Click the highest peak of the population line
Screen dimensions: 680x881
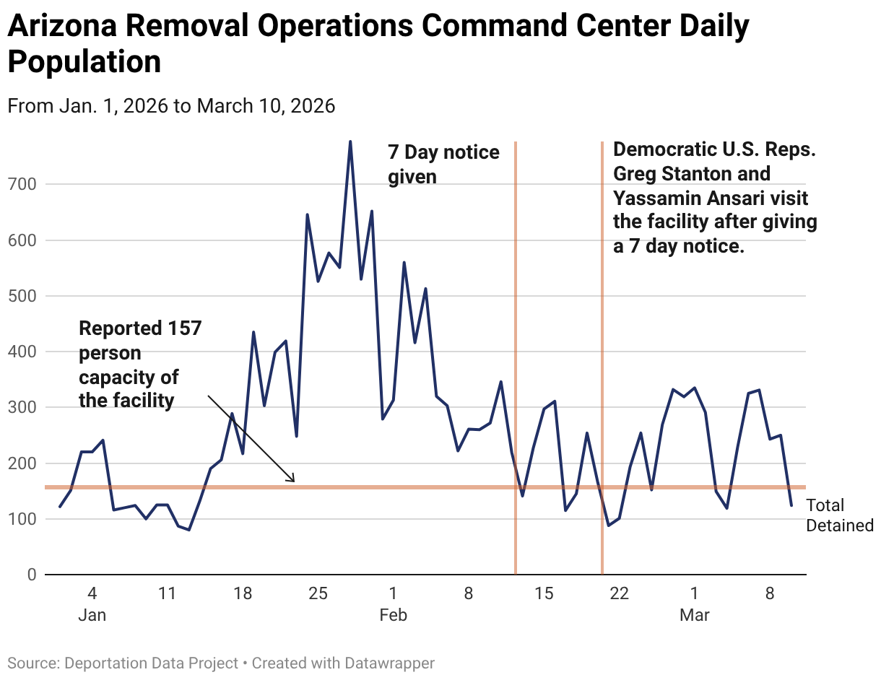350,142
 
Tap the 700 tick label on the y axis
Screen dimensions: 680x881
22,184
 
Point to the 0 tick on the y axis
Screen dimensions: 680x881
31,575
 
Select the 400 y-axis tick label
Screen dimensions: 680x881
22,352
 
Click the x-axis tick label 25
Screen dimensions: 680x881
318,594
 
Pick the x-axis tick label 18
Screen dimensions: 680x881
243,594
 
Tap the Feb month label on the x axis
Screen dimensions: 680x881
394,615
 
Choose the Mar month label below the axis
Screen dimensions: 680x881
695,615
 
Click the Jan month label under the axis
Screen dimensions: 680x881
92,615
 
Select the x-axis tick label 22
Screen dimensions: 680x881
620,594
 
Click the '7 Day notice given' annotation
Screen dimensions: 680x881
443,164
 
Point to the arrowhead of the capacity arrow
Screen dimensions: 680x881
292,480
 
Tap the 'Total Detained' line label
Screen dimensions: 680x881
839,515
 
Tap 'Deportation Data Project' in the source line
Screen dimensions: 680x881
151,663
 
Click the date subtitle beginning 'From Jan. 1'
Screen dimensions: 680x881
171,106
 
